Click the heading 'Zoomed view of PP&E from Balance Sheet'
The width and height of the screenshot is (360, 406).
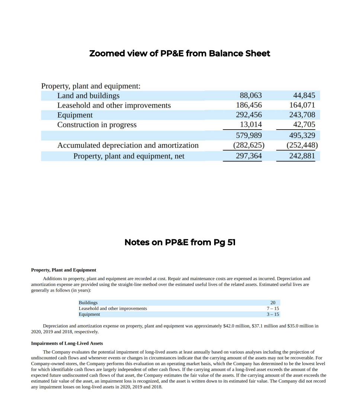[x=180, y=53]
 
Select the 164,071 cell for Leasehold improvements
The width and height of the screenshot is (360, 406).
[x=302, y=105]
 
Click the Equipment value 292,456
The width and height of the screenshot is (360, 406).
[x=249, y=115]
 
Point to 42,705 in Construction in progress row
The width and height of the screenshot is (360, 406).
[x=304, y=125]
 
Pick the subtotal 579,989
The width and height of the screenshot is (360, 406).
[x=249, y=135]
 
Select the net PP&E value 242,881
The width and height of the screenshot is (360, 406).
[x=302, y=156]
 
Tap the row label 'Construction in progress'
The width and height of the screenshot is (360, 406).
[x=97, y=125]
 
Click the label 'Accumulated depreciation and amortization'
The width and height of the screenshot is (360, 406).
[x=128, y=145]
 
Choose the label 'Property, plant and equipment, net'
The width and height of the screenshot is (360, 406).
[x=129, y=156]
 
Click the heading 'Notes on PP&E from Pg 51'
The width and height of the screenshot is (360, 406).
[x=180, y=243]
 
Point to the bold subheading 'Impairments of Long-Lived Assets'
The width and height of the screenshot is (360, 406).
[x=67, y=343]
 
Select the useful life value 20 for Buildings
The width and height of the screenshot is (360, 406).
[x=273, y=303]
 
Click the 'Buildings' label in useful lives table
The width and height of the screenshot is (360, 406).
[x=88, y=303]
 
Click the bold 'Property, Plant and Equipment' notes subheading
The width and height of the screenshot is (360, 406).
[x=63, y=270]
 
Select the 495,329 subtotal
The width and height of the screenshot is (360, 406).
[x=302, y=135]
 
